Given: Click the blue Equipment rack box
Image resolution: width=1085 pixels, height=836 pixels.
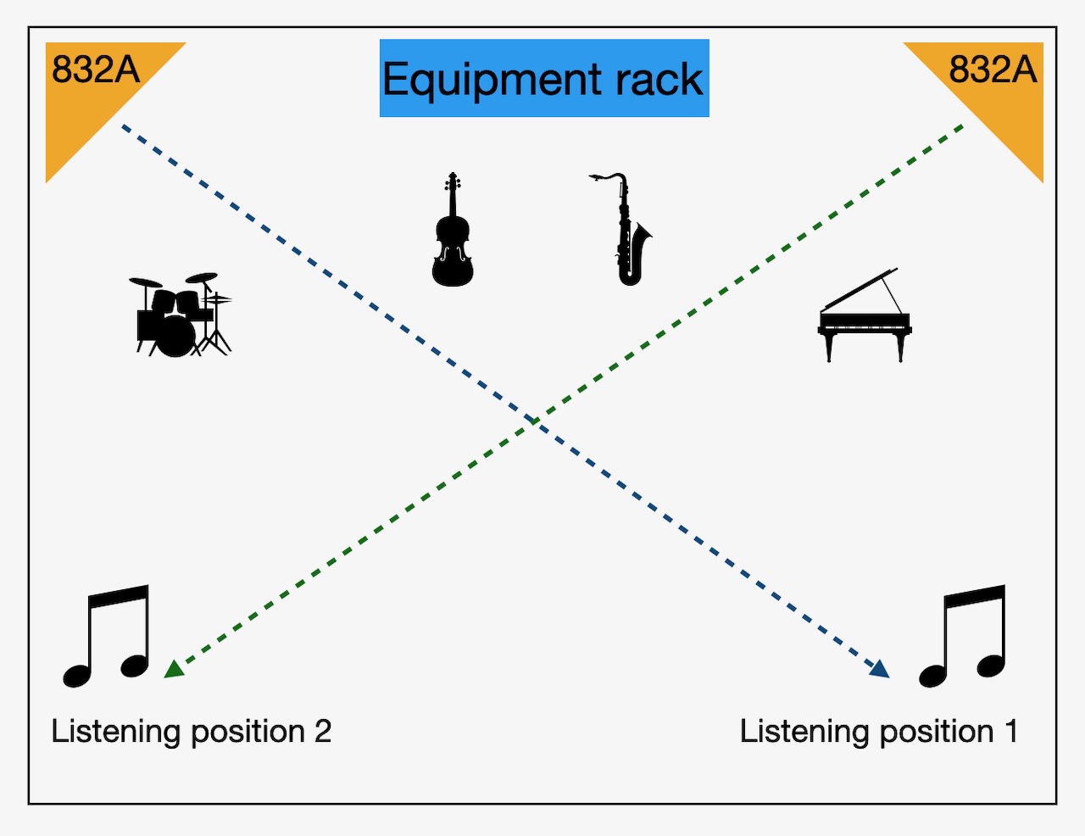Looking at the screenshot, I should pyautogui.click(x=543, y=78).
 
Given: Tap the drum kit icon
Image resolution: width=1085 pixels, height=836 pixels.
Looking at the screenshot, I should pyautogui.click(x=181, y=315).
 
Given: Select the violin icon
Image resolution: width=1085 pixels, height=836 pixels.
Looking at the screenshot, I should pyautogui.click(x=453, y=232).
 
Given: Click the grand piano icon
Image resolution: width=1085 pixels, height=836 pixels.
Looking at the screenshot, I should pyautogui.click(x=864, y=318).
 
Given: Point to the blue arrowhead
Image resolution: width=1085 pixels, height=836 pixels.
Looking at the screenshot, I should pyautogui.click(x=881, y=669).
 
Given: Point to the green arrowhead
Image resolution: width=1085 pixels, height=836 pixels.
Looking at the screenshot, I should pyautogui.click(x=174, y=668).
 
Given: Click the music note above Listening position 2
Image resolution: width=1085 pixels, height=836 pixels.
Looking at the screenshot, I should pyautogui.click(x=108, y=635).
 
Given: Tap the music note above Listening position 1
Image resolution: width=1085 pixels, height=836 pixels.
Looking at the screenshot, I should pyautogui.click(x=965, y=635).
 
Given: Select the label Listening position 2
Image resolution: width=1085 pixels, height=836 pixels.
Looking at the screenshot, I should pyautogui.click(x=191, y=731).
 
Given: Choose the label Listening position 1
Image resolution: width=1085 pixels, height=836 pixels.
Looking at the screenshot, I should pyautogui.click(x=878, y=731).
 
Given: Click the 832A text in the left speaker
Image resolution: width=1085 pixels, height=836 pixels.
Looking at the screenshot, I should pyautogui.click(x=95, y=70).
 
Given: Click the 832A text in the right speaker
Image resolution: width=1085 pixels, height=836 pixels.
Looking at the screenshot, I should pyautogui.click(x=993, y=70).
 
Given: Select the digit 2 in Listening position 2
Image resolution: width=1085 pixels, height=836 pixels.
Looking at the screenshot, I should pyautogui.click(x=322, y=731).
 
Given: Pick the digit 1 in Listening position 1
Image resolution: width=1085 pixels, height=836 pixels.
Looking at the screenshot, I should pyautogui.click(x=1010, y=731).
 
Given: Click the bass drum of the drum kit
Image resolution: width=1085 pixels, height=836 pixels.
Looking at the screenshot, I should pyautogui.click(x=176, y=336).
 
